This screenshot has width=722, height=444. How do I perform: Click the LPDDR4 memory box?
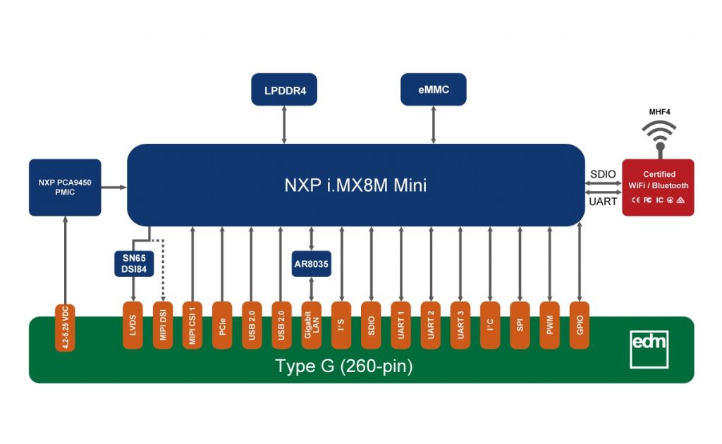[284, 90]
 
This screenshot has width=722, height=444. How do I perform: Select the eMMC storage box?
[434, 90]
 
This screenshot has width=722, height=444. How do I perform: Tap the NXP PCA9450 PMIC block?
[65, 187]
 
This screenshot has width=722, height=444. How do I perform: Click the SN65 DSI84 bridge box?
[134, 263]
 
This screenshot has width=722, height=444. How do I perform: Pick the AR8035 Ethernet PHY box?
[311, 264]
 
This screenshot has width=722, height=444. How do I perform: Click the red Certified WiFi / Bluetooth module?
[658, 187]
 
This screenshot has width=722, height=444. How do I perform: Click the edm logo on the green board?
[649, 347]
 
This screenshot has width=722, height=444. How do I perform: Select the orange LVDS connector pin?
[133, 324]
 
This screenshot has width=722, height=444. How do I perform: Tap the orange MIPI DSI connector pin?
[163, 324]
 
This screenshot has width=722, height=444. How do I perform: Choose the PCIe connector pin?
[222, 324]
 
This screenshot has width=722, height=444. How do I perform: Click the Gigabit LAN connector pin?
[311, 324]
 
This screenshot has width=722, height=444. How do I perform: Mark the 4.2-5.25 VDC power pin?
[65, 326]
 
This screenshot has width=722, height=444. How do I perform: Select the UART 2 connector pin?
[430, 324]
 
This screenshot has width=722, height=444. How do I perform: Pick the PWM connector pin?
[549, 324]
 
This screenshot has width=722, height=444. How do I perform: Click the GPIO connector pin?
[580, 324]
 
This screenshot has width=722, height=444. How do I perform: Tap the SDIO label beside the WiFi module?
[603, 174]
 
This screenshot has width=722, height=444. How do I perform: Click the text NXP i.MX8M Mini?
[355, 185]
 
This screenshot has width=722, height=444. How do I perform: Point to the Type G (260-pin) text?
[343, 366]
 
